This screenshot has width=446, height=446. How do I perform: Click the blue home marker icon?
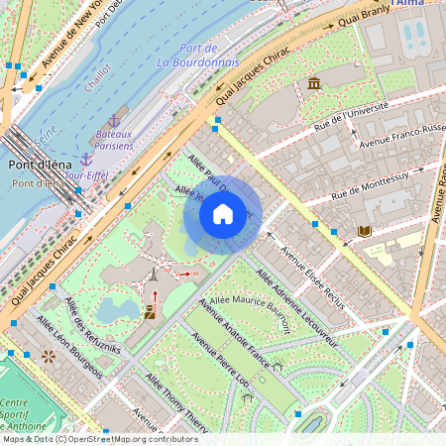click(223, 214)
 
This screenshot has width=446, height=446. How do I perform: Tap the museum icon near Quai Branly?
click(314, 82)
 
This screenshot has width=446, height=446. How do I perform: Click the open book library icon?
click(364, 231)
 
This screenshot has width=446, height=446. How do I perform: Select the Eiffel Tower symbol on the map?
click(152, 278)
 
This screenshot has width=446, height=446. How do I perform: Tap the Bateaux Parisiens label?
click(115, 139)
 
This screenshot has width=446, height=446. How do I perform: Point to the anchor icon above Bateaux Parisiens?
click(113, 120)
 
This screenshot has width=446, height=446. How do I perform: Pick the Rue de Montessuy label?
click(370, 182)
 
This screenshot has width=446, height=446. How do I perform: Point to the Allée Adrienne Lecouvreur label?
click(298, 310)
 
